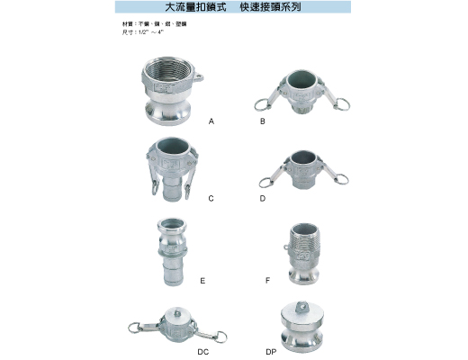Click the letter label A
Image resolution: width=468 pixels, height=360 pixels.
coord(210,120)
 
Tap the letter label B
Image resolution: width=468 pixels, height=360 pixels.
coord(262,120)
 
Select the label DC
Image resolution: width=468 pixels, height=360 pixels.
coord(203,352)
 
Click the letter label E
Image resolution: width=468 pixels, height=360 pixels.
coord(202,281)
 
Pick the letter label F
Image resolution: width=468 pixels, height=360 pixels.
coord(267,281)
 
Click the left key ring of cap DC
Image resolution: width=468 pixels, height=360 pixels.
coord(136,330)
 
